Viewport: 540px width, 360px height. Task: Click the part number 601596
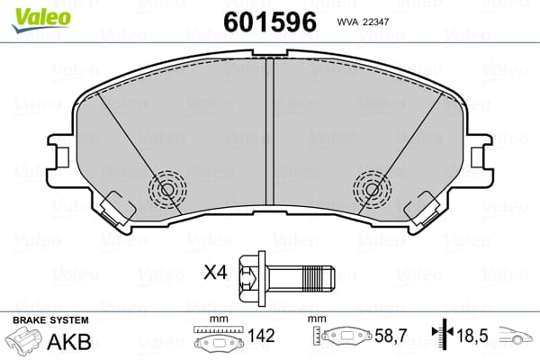(x=270, y=22)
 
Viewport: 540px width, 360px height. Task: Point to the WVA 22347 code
(x=363, y=22)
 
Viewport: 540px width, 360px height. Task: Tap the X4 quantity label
(x=216, y=274)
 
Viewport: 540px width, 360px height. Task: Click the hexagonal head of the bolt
(x=251, y=278)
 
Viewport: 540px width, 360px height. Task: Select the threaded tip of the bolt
(x=318, y=278)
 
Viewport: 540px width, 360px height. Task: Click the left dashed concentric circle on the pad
(x=167, y=189)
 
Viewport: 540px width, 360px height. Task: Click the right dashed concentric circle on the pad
(x=372, y=189)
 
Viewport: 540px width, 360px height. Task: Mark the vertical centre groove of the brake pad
(x=270, y=131)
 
